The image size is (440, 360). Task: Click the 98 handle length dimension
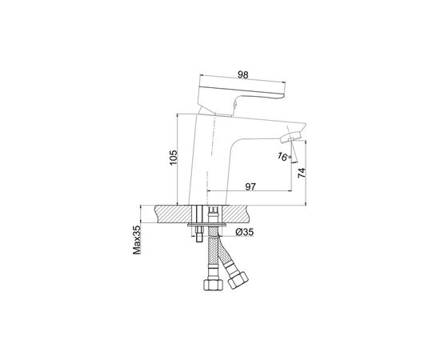point(243,75)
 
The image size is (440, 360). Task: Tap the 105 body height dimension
point(174,158)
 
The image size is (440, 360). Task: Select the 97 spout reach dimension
point(250,186)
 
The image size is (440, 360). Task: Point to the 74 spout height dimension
point(302,173)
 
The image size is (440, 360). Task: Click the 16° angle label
point(285,156)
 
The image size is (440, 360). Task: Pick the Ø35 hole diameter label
point(245,232)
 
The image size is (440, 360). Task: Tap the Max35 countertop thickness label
point(137,240)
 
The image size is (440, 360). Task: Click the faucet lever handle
point(242,98)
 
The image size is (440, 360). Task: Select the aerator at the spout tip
point(290,138)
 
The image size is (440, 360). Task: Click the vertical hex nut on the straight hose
point(213,285)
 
